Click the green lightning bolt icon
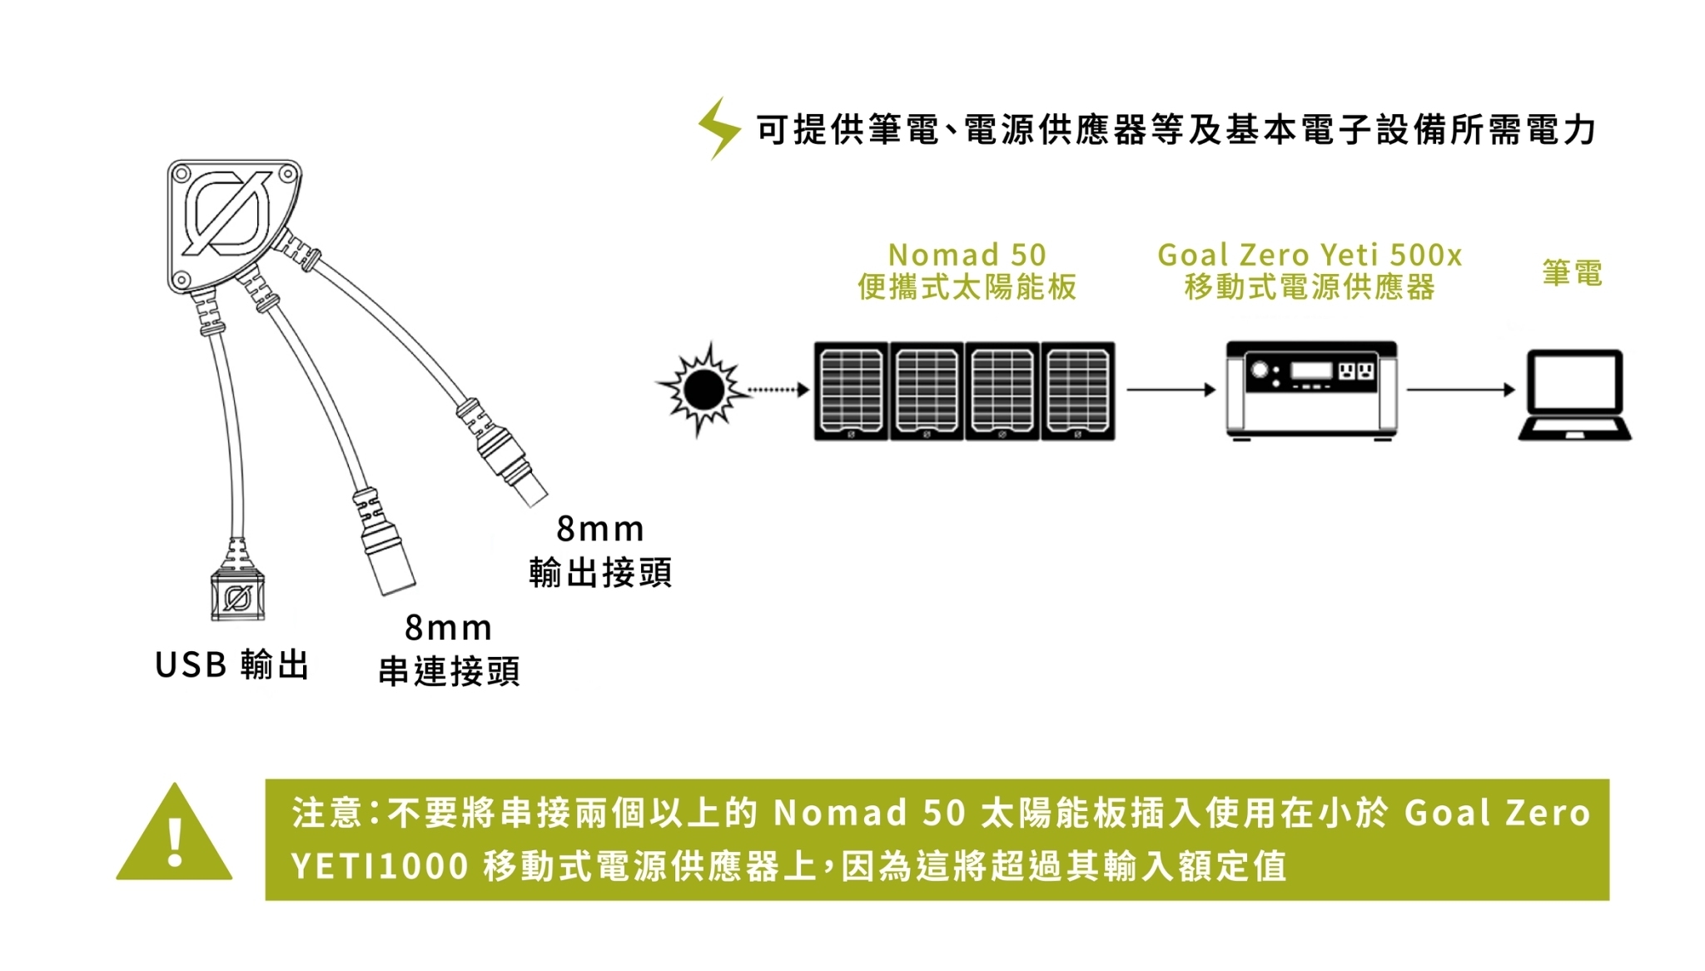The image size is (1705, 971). coord(718,128)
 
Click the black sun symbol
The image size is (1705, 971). coord(704,389)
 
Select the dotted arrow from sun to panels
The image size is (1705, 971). coord(778,389)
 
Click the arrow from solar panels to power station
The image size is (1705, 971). coord(1171,389)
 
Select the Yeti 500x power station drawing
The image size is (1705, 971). coord(1311,389)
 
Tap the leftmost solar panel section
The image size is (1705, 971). coord(851,391)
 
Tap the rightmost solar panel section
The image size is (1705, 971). coord(1077,391)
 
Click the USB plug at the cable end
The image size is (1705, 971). coord(237,595)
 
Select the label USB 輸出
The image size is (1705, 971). coord(232,665)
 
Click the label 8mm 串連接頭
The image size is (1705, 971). coord(449,650)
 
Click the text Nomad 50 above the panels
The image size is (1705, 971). coord(967,254)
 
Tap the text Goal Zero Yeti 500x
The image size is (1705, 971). coord(1310,254)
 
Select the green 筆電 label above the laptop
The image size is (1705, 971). coord(1572,272)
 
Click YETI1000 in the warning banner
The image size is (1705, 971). coord(380,866)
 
